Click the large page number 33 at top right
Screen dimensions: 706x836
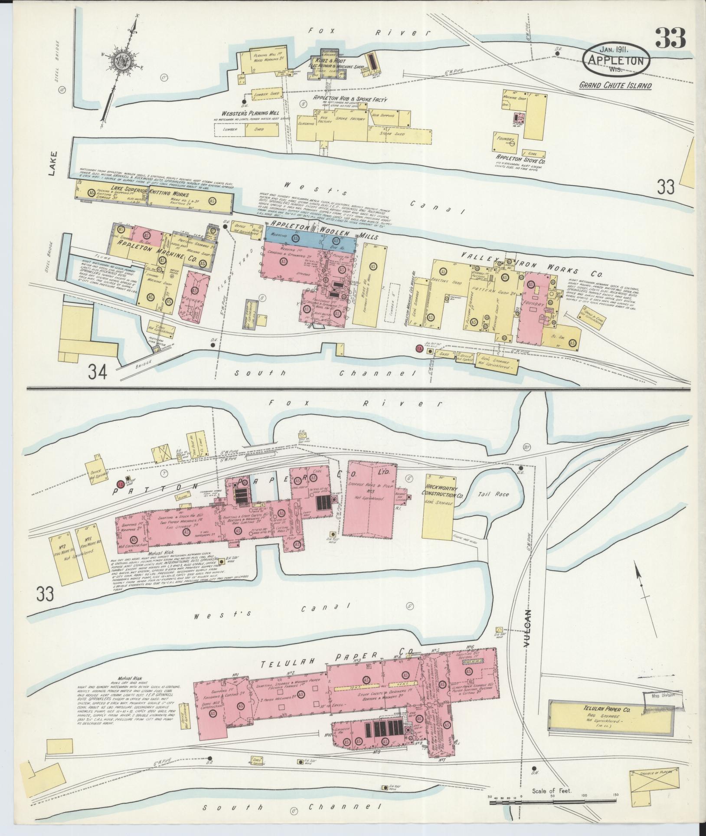click(x=670, y=39)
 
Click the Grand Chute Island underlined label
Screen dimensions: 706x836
click(x=615, y=85)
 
